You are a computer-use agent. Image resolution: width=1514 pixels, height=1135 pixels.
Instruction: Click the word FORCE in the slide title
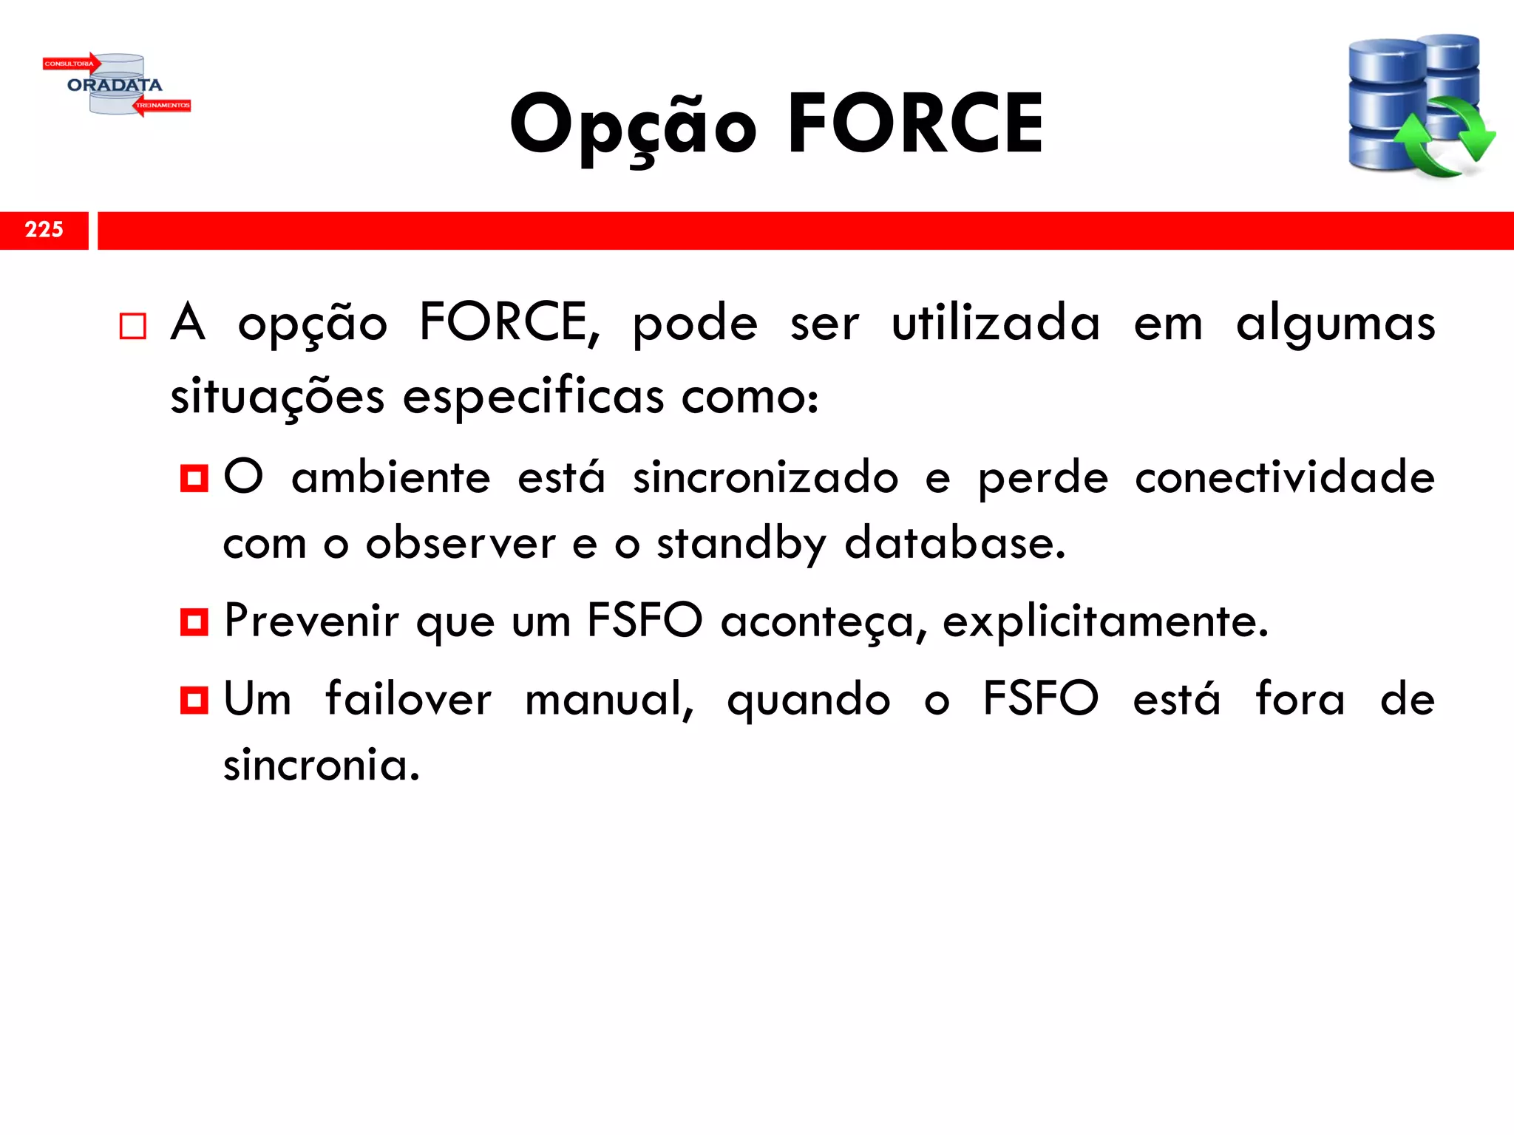click(x=915, y=124)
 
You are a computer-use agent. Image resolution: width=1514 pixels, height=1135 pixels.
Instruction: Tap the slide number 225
click(x=44, y=230)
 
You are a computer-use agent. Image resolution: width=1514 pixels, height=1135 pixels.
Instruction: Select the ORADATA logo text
click(x=115, y=85)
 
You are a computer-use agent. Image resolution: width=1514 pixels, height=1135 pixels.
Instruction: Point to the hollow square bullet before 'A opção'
click(x=133, y=326)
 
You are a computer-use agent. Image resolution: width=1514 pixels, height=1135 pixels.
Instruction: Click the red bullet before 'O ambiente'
click(x=194, y=478)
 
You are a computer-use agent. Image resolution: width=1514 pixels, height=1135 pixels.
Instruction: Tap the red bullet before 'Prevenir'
click(x=194, y=621)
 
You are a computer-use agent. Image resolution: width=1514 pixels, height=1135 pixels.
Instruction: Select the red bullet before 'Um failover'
click(x=194, y=699)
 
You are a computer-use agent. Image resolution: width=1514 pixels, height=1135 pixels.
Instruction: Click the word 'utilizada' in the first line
click(x=996, y=324)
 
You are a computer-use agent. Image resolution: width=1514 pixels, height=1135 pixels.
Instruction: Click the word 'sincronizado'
click(x=765, y=477)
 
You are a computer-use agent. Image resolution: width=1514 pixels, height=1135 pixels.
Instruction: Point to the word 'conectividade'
click(x=1285, y=477)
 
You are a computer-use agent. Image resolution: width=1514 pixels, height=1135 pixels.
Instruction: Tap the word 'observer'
click(x=461, y=544)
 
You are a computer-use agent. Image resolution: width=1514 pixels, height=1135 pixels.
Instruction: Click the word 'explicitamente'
click(x=1105, y=622)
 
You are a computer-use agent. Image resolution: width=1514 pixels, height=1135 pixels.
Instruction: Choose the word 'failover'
click(x=408, y=698)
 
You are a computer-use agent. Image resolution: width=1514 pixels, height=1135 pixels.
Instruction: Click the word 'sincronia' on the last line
click(x=322, y=765)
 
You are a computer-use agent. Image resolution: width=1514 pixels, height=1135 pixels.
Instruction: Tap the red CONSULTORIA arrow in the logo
click(x=71, y=64)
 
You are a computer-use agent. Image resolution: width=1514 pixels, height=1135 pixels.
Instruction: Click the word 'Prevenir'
click(x=311, y=621)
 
